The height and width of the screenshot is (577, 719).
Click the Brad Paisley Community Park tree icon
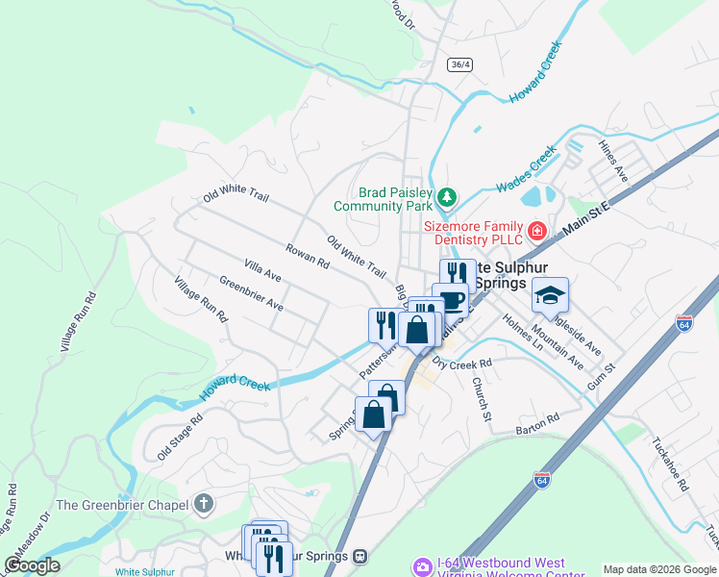click(446, 198)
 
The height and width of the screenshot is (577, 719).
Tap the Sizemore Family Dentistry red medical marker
click(535, 232)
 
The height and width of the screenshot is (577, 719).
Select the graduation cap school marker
click(551, 295)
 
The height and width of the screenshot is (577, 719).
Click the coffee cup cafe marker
click(450, 301)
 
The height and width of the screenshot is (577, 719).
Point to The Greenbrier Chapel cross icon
click(203, 503)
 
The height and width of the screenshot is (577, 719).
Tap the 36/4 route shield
click(460, 64)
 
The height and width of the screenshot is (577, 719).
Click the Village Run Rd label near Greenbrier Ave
click(200, 299)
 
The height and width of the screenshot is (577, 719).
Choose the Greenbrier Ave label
click(251, 293)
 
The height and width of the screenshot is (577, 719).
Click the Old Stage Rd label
click(181, 436)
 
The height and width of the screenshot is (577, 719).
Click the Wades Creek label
click(527, 169)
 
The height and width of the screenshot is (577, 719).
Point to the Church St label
click(482, 398)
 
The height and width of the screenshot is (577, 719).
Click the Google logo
click(32, 565)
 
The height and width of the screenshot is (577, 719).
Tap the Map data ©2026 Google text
click(658, 569)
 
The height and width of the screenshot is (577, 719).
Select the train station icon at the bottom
click(360, 556)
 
